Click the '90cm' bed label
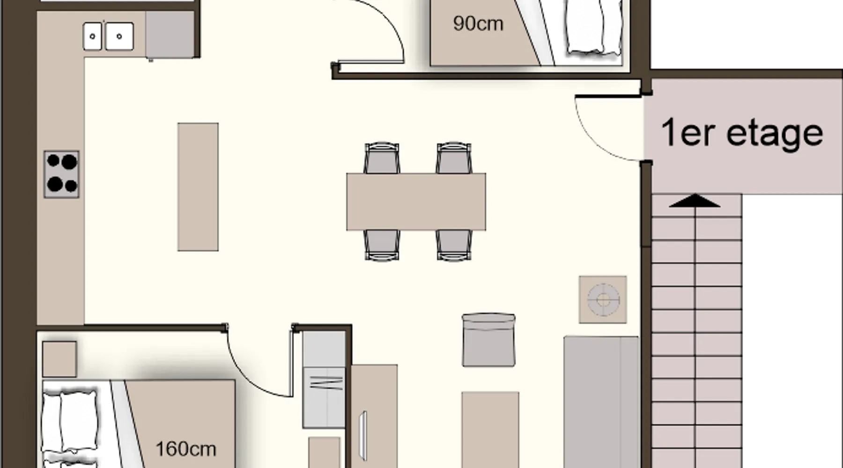(478, 23)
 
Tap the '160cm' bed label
(185, 449)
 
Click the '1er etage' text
(742, 133)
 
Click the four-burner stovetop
(61, 174)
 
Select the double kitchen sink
(108, 36)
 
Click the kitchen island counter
(198, 187)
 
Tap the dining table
(416, 202)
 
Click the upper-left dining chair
(382, 158)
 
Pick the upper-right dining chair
(454, 158)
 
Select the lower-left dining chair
(382, 245)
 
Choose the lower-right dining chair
(454, 245)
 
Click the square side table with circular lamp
(603, 300)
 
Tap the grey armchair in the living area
(488, 340)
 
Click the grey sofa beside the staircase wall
(601, 402)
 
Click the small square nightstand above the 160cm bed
(59, 359)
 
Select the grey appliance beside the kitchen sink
(170, 35)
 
